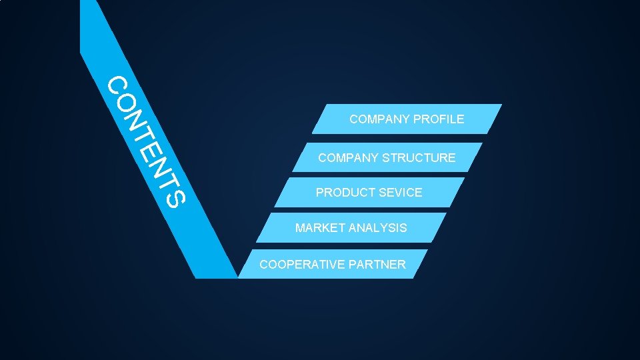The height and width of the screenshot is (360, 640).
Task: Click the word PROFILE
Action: pyautogui.click(x=439, y=120)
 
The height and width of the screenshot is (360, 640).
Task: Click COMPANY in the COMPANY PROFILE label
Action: pyautogui.click(x=379, y=120)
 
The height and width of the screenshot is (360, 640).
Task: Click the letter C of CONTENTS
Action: pyautogui.click(x=118, y=85)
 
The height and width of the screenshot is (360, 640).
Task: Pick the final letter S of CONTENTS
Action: pyautogui.click(x=171, y=196)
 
